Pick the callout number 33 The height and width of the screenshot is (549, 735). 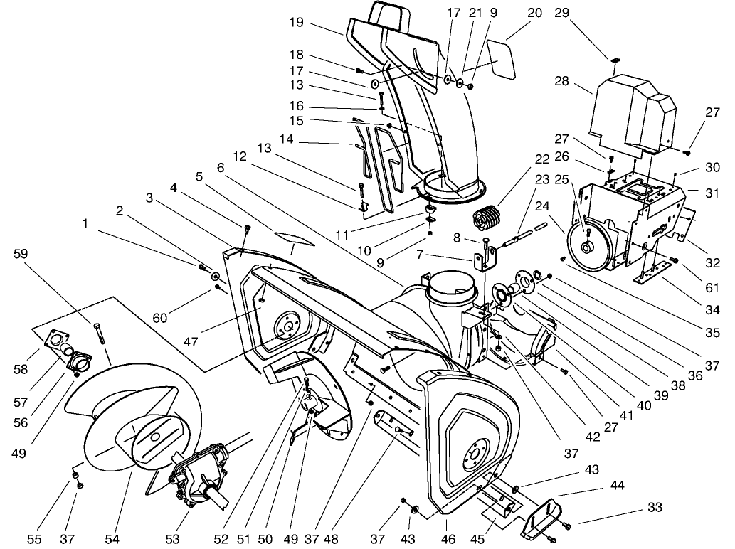point(655,508)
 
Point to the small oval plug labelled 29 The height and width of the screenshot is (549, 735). point(615,60)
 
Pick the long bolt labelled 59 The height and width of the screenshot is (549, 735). point(99,334)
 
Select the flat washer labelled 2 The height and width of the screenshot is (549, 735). point(214,274)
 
